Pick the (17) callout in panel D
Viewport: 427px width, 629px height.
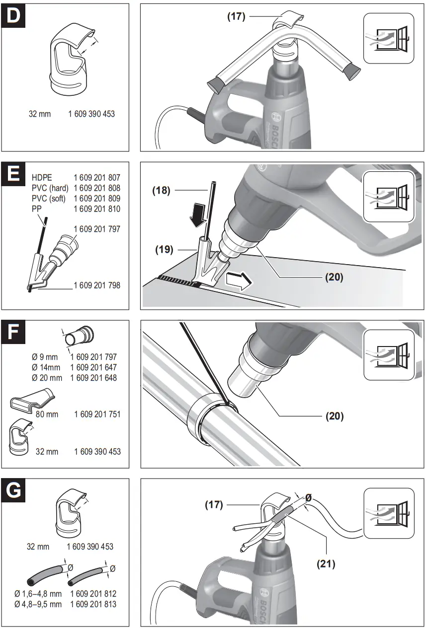[237, 16]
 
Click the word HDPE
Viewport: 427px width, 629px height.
[42, 177]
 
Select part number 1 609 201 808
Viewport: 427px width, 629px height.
[97, 188]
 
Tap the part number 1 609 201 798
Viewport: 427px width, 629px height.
[97, 285]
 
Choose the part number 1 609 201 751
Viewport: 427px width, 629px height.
[97, 414]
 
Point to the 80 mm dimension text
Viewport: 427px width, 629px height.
[47, 414]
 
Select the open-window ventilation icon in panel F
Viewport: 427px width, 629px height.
[389, 353]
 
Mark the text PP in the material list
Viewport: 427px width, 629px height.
[37, 210]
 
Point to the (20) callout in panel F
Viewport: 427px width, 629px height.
[335, 416]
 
